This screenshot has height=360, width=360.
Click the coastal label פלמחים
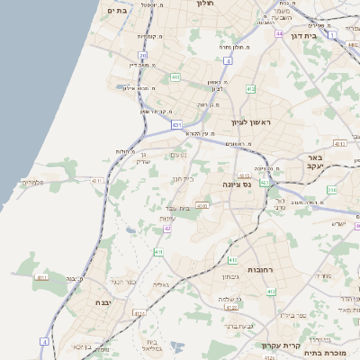33,182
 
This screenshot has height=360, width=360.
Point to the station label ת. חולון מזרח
234,46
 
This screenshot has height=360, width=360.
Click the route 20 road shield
142,55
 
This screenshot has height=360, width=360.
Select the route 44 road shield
281,33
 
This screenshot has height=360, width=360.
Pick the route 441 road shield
175,78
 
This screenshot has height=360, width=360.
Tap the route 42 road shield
167,229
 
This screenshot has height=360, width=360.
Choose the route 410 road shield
157,253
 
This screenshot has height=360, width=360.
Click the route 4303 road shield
202,205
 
